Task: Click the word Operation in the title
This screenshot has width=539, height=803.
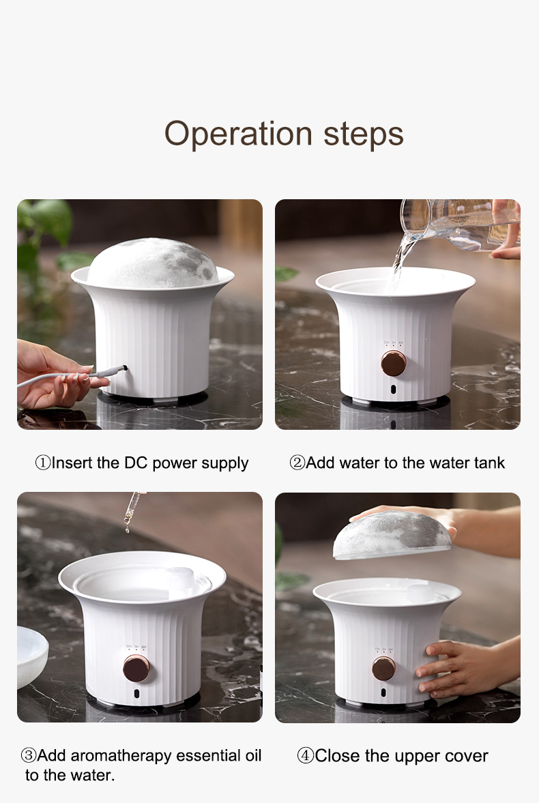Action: pos(237,134)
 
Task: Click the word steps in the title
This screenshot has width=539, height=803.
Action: pos(363,134)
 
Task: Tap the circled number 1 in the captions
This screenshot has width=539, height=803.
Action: pos(42,463)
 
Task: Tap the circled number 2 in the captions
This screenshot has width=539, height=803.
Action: pos(297,463)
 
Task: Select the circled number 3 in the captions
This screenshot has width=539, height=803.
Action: pos(29,755)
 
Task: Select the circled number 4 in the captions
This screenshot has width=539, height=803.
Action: pos(306,755)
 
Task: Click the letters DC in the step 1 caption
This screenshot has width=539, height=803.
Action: pos(136,463)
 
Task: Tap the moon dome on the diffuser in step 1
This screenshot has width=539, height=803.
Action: pos(152,262)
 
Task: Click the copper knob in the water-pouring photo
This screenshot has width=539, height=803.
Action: pos(394,363)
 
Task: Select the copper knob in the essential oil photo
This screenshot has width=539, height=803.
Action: pos(136,669)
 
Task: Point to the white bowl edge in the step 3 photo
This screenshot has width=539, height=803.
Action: pos(32,656)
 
